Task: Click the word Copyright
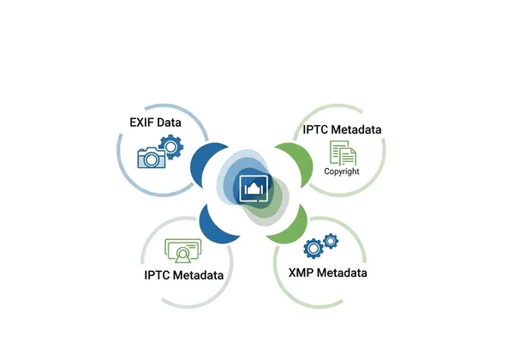click(x=342, y=171)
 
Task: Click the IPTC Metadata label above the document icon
click(x=342, y=129)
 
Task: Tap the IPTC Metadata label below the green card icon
click(x=184, y=275)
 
